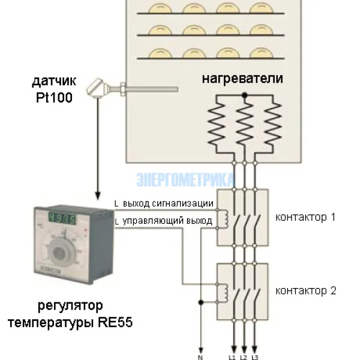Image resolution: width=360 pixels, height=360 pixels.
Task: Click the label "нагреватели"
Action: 242,79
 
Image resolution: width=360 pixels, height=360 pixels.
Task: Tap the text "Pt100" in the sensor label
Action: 54,97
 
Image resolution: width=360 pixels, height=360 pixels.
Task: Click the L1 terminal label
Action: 233,356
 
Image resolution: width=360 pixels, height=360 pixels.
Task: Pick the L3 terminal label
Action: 255,356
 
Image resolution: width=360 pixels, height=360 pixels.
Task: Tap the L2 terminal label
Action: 244,356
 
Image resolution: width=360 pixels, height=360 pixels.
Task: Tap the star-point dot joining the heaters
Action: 244,95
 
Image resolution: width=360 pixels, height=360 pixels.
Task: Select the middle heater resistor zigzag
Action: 244,123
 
